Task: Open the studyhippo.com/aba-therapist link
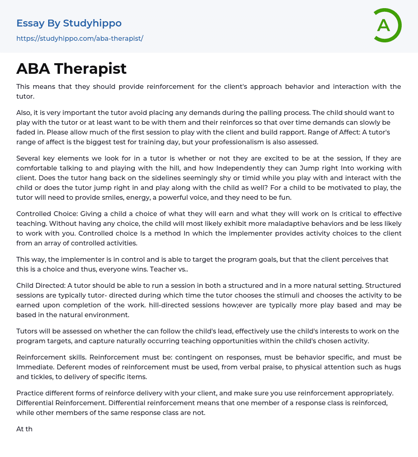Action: [x=80, y=38]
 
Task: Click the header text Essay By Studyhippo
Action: [x=69, y=23]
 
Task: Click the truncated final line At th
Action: [x=24, y=429]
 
